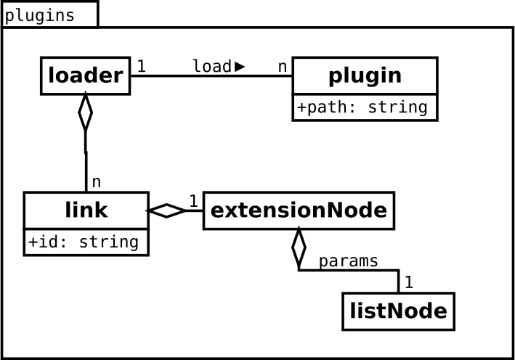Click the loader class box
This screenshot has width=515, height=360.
[86, 75]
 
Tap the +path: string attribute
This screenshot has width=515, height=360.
[362, 107]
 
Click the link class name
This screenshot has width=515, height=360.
[86, 210]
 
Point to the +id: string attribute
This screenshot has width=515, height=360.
[84, 242]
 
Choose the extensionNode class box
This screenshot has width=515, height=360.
[299, 210]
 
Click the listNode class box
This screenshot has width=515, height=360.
[398, 311]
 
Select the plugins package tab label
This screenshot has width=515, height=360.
[40, 16]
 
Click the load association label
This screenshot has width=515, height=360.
[212, 66]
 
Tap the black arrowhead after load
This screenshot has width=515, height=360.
[240, 67]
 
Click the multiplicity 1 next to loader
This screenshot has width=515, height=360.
[141, 66]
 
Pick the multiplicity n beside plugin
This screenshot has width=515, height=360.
[283, 67]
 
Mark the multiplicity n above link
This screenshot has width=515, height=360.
[96, 182]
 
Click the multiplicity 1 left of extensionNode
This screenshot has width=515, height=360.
[194, 201]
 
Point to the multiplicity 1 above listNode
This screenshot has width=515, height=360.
[408, 282]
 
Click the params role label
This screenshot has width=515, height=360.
[349, 261]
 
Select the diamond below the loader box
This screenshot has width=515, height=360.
[86, 112]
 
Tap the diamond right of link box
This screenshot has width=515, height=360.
[166, 210]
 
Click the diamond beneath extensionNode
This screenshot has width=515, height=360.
[299, 247]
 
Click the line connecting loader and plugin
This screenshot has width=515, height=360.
[211, 76]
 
